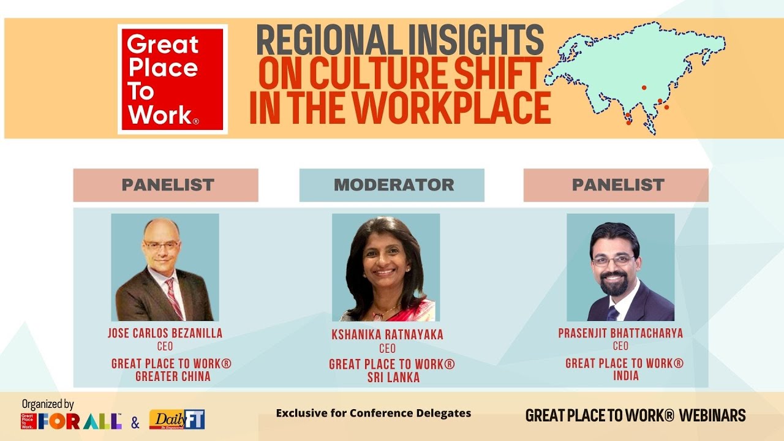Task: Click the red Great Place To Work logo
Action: click(x=172, y=79)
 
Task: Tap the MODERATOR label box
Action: click(x=392, y=185)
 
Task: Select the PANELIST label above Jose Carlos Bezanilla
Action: click(x=166, y=185)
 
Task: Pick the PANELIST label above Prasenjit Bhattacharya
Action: click(x=616, y=185)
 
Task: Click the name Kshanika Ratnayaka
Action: click(x=386, y=335)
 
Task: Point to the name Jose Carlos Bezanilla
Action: click(x=165, y=333)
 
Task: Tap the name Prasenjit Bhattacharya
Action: click(x=620, y=333)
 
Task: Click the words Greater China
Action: click(x=172, y=377)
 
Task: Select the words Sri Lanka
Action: click(x=393, y=378)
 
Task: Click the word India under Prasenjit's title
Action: click(x=625, y=375)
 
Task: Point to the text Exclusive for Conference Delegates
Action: click(x=373, y=413)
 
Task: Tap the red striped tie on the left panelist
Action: click(x=173, y=298)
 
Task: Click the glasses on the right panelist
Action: click(x=612, y=260)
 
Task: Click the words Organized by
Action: click(x=48, y=404)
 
